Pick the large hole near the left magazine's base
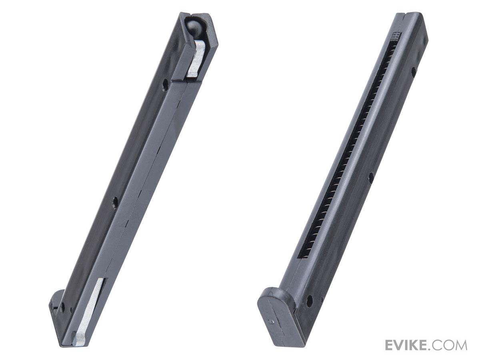tap(63, 307)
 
